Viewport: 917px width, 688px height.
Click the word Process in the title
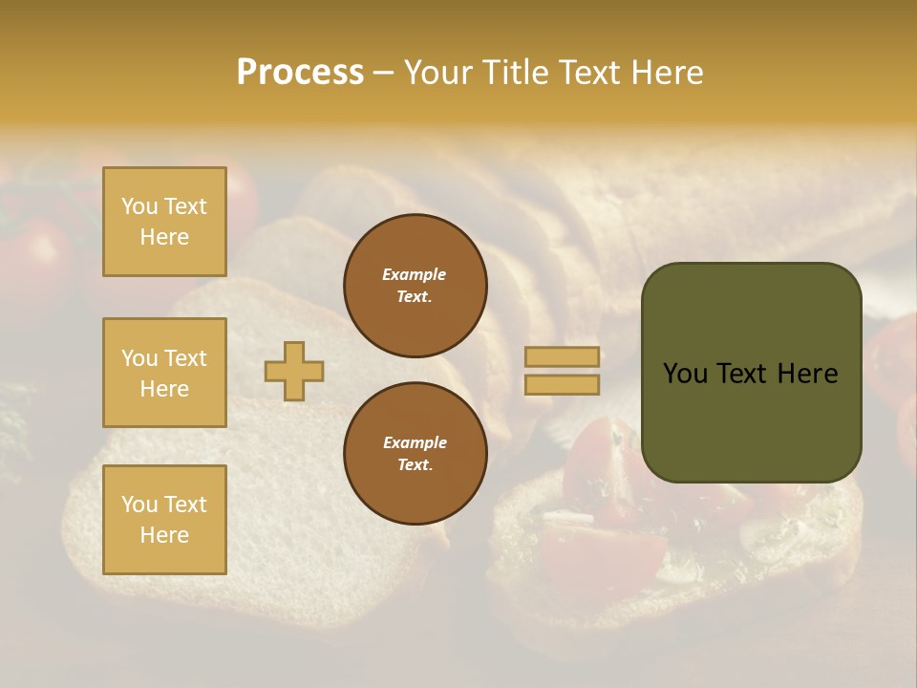pyautogui.click(x=300, y=73)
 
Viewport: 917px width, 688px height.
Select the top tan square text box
pyautogui.click(x=164, y=222)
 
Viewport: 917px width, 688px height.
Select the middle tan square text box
pyautogui.click(x=164, y=373)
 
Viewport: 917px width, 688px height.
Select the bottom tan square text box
pyautogui.click(x=164, y=520)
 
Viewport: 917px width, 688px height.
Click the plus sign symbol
pyautogui.click(x=294, y=371)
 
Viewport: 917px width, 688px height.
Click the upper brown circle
pyautogui.click(x=416, y=285)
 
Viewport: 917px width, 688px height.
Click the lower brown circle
pyautogui.click(x=416, y=454)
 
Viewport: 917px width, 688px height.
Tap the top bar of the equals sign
pyautogui.click(x=562, y=356)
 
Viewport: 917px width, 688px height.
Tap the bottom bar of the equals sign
pyautogui.click(x=562, y=384)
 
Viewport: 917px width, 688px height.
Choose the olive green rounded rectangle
pyautogui.click(x=751, y=420)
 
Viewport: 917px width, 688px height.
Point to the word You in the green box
pyautogui.click(x=685, y=374)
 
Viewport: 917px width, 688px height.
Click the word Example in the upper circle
pyautogui.click(x=414, y=274)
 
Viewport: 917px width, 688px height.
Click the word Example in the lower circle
pyautogui.click(x=415, y=442)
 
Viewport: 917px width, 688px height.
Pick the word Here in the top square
pyautogui.click(x=164, y=237)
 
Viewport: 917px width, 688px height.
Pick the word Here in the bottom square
pyautogui.click(x=164, y=535)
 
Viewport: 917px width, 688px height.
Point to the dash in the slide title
pyautogui.click(x=384, y=73)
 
